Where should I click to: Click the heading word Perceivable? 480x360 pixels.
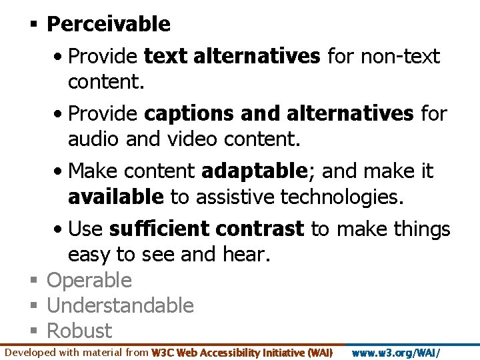click(x=109, y=25)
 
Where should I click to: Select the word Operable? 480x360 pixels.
click(x=89, y=281)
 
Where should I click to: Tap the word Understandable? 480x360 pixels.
click(x=120, y=306)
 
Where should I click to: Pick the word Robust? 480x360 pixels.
click(x=79, y=331)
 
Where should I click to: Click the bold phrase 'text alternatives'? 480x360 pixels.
click(x=232, y=57)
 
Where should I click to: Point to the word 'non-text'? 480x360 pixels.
click(x=400, y=57)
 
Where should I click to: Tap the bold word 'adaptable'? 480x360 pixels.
click(x=252, y=171)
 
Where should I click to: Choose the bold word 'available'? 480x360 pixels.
click(x=115, y=197)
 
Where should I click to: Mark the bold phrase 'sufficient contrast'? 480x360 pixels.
click(x=207, y=229)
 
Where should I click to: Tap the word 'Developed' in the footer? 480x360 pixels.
click(x=31, y=352)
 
